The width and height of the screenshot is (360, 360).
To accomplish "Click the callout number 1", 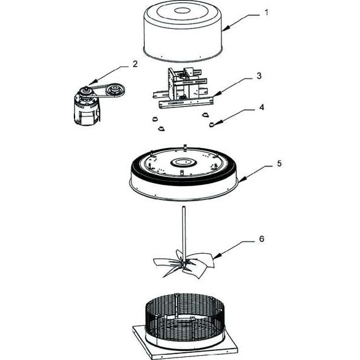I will [x=265, y=12].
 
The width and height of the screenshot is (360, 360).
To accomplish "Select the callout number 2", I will [x=134, y=63].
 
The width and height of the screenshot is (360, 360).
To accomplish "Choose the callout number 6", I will [x=262, y=239].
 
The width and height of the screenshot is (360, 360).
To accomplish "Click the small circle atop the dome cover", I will [x=181, y=10].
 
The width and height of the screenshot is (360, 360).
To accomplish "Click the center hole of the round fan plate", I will [x=182, y=163].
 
